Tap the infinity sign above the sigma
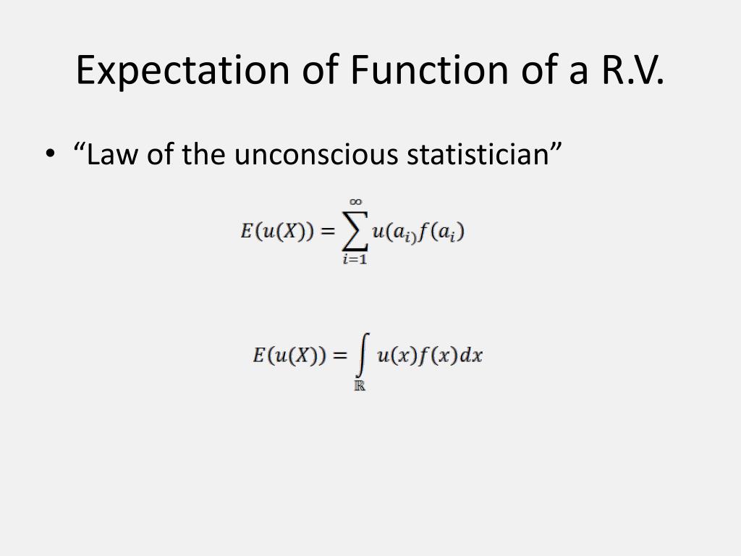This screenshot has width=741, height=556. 355,202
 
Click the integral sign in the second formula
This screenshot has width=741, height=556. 360,355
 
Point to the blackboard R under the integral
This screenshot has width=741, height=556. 360,385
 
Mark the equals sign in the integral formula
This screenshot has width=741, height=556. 339,356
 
